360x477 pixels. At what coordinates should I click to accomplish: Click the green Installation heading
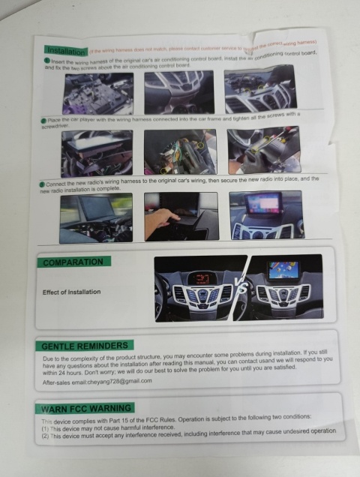[65, 49]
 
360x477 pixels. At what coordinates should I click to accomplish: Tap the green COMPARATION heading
[73, 262]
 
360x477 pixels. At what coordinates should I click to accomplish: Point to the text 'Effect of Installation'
[71, 292]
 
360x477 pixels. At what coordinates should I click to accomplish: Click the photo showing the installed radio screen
[265, 214]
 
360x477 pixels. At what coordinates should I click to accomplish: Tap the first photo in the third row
[96, 217]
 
